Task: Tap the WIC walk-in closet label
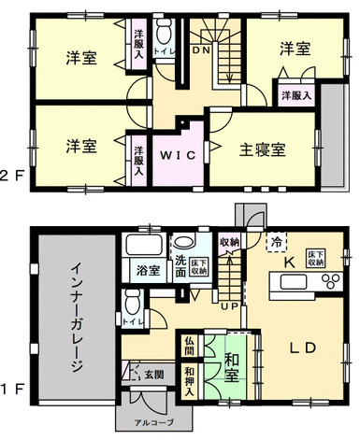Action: coord(175,155)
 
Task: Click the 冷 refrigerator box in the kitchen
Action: coord(277,240)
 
